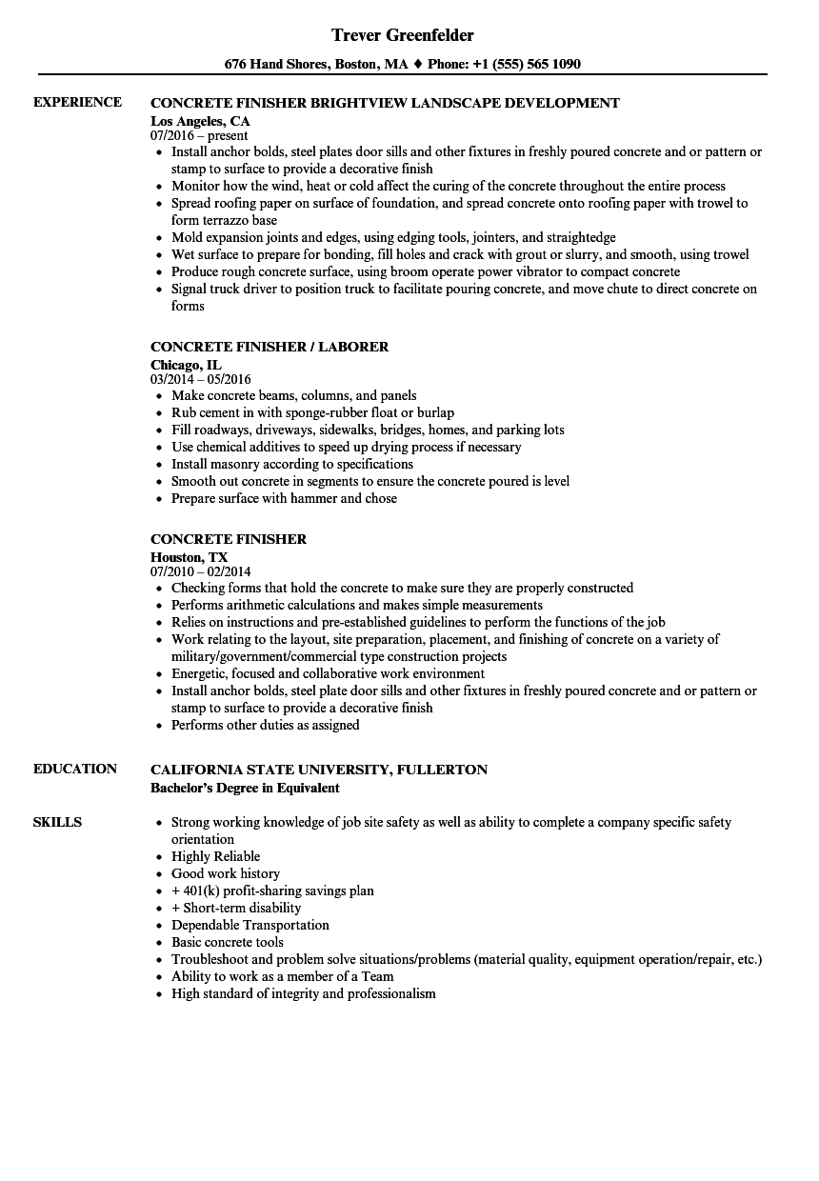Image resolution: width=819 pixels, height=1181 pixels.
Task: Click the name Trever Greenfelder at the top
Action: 403,35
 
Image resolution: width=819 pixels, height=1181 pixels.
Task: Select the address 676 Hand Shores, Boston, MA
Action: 316,65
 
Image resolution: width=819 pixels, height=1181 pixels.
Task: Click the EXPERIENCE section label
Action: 77,102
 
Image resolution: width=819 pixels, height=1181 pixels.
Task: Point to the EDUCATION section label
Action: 75,769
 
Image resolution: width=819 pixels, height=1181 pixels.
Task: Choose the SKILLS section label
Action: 57,822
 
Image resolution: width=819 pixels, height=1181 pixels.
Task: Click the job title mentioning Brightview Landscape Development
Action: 385,103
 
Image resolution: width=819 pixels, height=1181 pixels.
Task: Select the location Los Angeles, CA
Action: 200,121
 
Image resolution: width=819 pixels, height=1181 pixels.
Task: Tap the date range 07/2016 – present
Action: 199,136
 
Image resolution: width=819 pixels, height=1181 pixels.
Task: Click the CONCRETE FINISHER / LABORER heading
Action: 270,347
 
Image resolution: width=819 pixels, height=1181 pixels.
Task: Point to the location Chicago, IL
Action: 186,365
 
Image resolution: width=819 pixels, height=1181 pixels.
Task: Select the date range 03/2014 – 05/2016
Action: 200,380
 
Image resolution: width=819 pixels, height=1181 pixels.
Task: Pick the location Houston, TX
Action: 189,557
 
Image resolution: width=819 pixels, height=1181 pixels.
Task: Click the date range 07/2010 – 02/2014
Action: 200,572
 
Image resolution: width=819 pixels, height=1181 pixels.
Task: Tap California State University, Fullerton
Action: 319,770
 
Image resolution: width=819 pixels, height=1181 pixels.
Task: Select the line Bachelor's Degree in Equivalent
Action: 245,788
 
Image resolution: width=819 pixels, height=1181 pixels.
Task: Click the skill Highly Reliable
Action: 215,856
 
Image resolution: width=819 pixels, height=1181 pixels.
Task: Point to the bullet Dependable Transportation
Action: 250,925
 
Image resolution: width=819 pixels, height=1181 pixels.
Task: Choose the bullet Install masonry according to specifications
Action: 291,464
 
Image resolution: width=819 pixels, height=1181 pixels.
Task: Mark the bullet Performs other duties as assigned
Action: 265,725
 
